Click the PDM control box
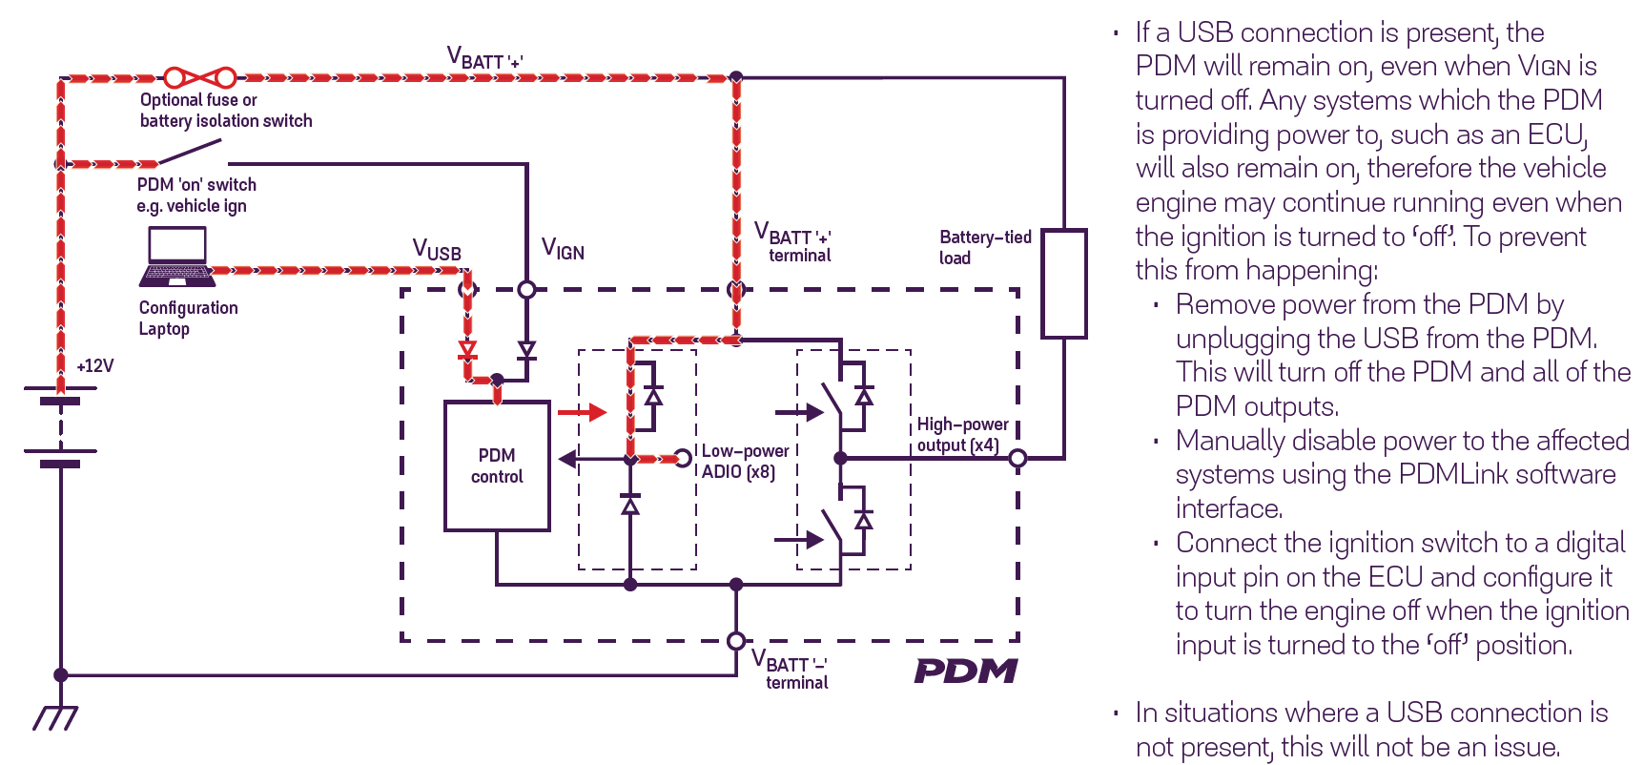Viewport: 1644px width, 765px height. click(x=497, y=465)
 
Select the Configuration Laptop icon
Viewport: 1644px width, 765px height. click(x=177, y=257)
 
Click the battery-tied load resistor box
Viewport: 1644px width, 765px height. click(x=1063, y=283)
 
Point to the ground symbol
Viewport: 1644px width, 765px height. click(x=56, y=716)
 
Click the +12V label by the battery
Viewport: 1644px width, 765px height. click(x=95, y=366)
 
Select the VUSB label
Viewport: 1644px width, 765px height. click(x=437, y=251)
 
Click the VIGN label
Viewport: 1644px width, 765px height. click(x=563, y=249)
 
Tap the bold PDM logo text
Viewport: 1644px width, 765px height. click(x=965, y=672)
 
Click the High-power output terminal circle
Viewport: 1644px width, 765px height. click(x=1017, y=459)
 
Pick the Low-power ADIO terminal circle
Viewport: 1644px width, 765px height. click(x=683, y=459)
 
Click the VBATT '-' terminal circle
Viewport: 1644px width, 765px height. click(x=736, y=641)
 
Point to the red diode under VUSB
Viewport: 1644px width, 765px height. click(x=467, y=350)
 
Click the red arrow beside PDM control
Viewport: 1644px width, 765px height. click(x=582, y=412)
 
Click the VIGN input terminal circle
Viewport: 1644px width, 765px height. click(x=526, y=289)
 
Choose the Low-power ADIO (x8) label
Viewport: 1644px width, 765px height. click(x=746, y=461)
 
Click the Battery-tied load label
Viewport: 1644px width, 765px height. click(x=985, y=247)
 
